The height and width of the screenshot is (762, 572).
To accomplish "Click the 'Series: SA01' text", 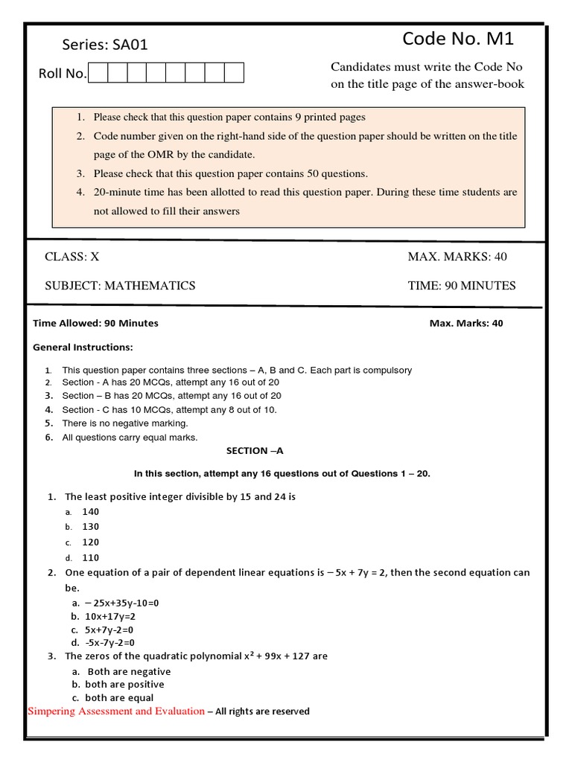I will click(x=94, y=45).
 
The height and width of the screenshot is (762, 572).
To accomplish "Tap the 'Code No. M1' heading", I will click(x=458, y=39).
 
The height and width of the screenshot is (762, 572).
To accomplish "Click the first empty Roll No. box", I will click(x=98, y=73).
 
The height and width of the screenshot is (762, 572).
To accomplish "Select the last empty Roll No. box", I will click(x=234, y=73).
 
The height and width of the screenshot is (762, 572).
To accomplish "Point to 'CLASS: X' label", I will click(x=72, y=257).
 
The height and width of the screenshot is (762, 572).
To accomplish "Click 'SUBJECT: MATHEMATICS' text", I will click(x=120, y=286).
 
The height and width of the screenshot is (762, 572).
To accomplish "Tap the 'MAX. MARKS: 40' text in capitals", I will click(x=457, y=257).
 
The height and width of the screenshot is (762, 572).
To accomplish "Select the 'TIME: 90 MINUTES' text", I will click(x=462, y=286).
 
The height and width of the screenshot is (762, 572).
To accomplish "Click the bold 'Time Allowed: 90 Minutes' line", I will click(x=96, y=324).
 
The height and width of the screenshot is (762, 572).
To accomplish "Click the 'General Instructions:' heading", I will click(x=83, y=348).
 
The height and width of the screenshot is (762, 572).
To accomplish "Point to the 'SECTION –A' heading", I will click(x=255, y=451).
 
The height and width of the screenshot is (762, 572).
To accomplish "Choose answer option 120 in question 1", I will click(x=90, y=542).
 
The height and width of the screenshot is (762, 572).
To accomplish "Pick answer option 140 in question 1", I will click(x=90, y=512).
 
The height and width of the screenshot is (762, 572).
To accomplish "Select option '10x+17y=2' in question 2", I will click(x=110, y=617).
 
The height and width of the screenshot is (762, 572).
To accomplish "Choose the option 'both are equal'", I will click(x=119, y=698).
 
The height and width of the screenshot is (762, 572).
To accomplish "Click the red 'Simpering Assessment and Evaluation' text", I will click(x=116, y=711).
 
